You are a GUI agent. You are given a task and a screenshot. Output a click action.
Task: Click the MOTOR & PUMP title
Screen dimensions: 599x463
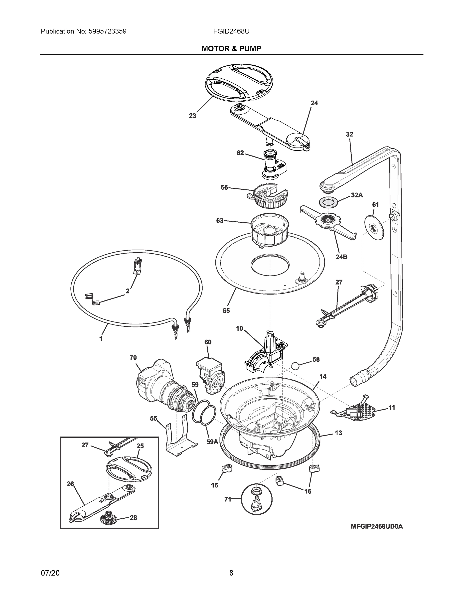coord(231,49)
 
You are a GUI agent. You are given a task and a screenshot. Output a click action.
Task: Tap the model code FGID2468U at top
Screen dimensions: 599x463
coord(231,31)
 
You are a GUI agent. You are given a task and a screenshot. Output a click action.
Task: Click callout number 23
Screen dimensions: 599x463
coord(192,116)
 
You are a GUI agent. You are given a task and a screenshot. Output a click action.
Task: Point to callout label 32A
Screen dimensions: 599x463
coord(357,195)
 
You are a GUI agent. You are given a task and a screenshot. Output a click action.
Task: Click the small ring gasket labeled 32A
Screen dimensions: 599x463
coord(328,202)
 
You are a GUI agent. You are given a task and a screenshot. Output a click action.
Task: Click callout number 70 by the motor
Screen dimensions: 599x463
coord(133,357)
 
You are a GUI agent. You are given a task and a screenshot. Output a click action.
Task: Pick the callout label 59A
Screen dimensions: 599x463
coord(212,442)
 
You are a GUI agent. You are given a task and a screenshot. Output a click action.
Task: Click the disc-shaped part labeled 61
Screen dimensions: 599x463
coord(374,228)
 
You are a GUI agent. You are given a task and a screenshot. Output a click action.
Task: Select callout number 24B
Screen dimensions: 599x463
coord(341,257)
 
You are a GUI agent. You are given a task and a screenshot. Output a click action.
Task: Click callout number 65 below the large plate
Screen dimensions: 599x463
coord(226,311)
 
